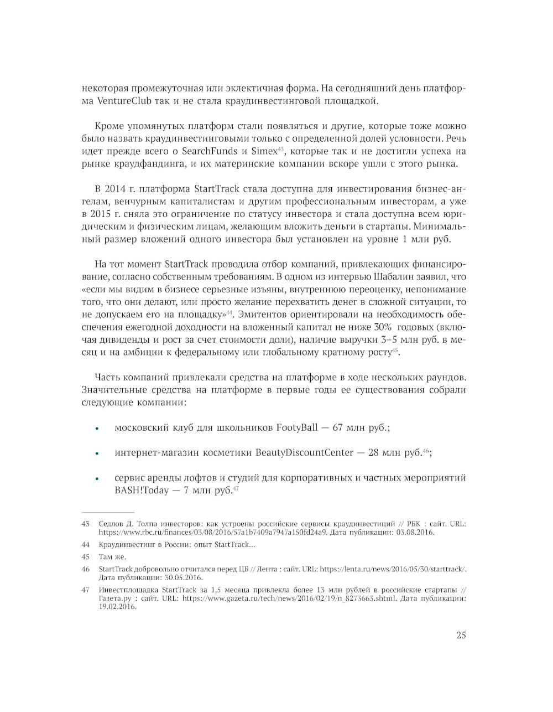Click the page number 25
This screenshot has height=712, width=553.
(461, 635)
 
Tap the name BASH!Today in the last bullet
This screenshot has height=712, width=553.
(142, 491)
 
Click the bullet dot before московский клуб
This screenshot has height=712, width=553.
(97, 429)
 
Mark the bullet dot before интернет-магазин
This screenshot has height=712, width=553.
(97, 453)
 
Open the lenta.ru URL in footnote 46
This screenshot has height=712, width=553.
(393, 569)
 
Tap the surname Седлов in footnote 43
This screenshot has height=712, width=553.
(112, 523)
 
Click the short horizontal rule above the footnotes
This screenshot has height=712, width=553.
(108, 513)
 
